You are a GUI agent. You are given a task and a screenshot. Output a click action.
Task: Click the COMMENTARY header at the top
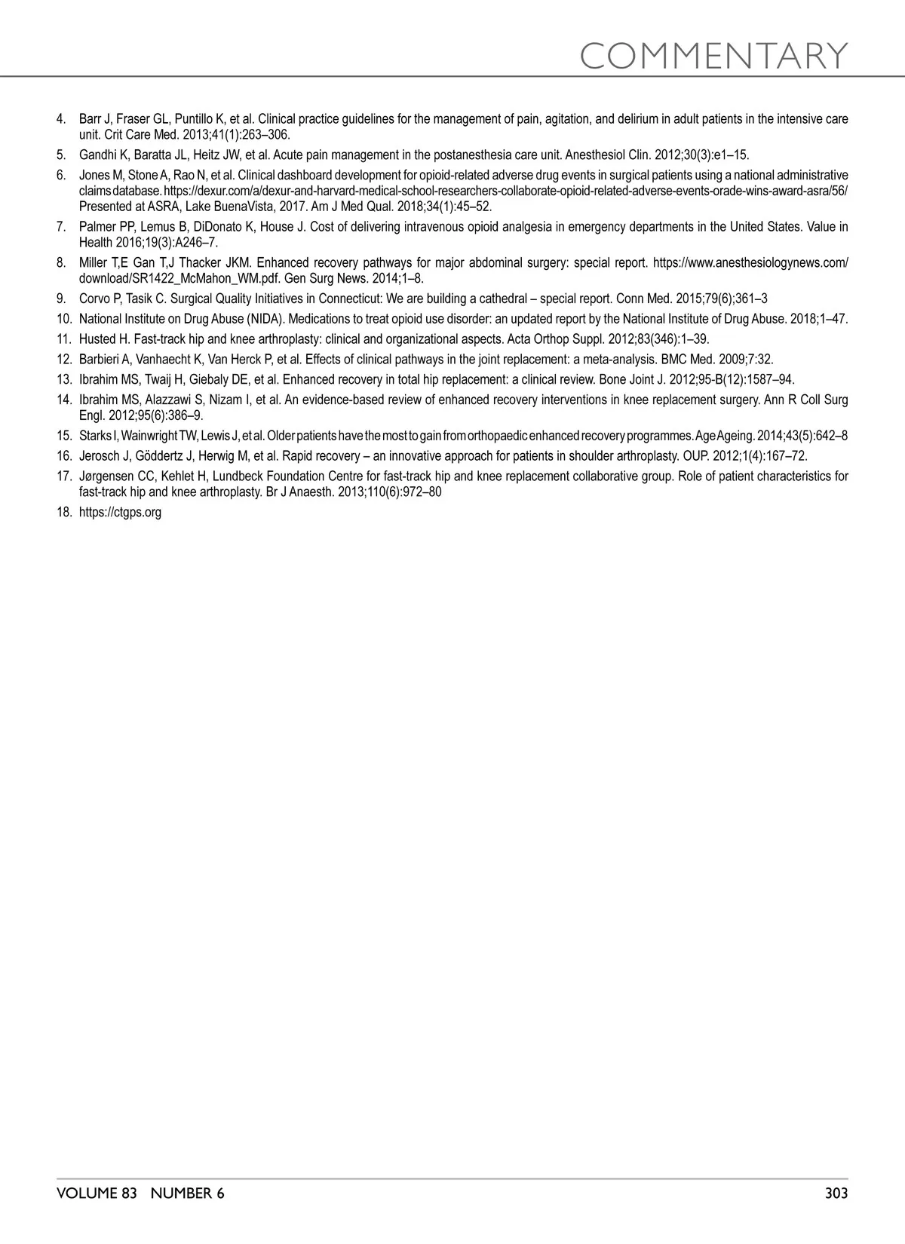tap(714, 55)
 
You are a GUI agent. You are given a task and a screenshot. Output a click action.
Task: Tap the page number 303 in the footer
tap(836, 1193)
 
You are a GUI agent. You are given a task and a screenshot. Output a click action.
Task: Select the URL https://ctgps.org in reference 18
tap(120, 513)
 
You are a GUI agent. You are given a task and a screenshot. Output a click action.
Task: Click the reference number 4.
tap(61, 119)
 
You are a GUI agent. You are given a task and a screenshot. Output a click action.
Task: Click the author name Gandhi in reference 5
tap(96, 155)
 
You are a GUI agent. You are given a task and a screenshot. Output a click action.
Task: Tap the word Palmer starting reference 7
tap(96, 227)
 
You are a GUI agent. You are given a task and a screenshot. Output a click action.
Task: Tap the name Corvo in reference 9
tap(94, 299)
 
